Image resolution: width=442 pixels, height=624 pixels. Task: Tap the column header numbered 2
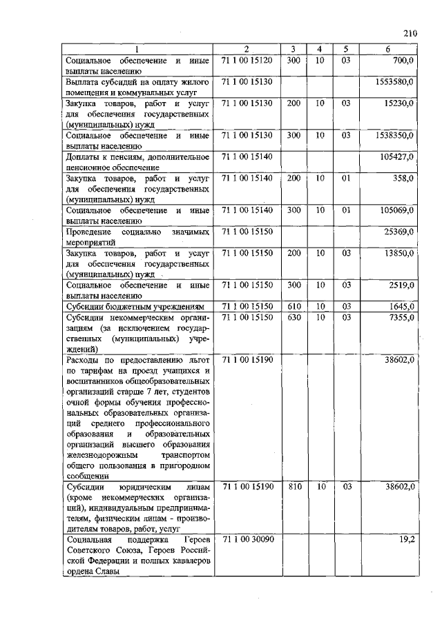pos(247,49)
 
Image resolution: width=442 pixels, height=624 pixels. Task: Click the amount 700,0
pos(403,61)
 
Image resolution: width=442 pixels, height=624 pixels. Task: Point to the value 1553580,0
pos(394,81)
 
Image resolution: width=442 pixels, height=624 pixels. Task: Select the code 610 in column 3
pos(293,305)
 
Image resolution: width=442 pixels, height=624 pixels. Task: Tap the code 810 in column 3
pos(293,486)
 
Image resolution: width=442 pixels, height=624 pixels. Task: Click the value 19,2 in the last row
pos(406,540)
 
